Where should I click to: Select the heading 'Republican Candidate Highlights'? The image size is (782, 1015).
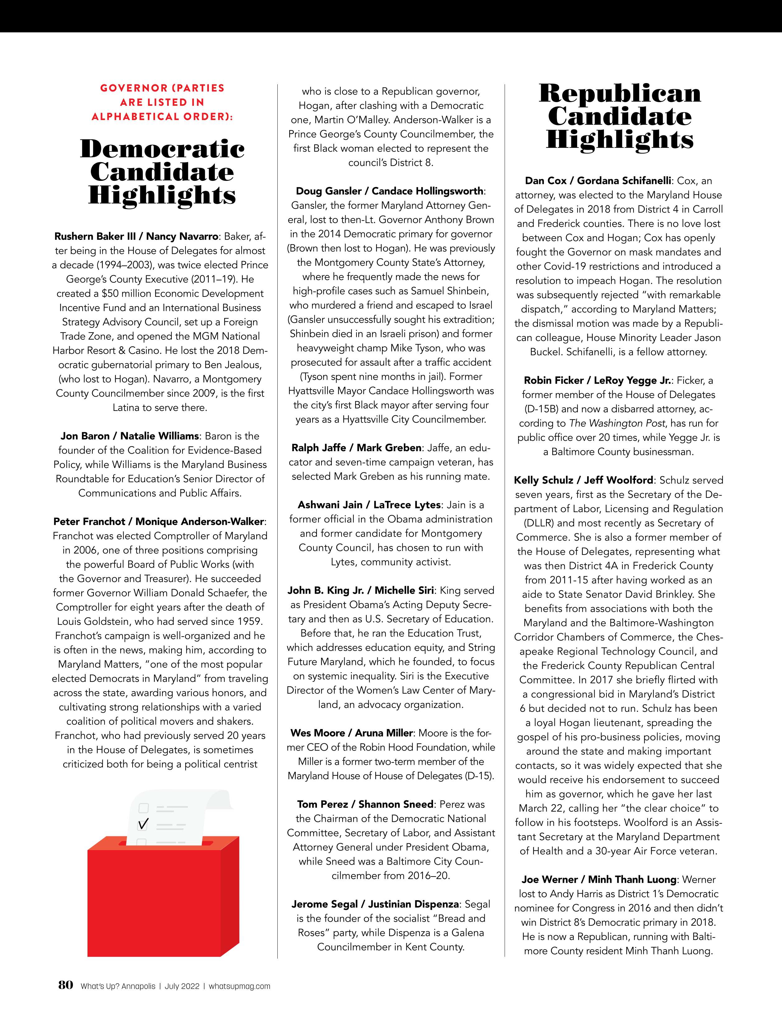619,117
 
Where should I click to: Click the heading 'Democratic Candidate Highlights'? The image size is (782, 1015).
162,172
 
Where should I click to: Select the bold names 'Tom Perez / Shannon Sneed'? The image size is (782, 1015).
365,804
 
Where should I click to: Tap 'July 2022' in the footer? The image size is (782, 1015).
182,986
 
